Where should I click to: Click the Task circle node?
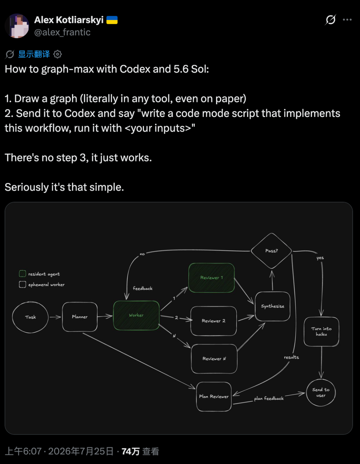[30, 317]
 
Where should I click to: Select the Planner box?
[80, 317]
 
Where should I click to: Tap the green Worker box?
[136, 315]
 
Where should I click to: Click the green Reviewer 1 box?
[212, 278]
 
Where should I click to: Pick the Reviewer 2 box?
[213, 321]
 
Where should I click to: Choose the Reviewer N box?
[214, 359]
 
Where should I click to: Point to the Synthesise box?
[273, 306]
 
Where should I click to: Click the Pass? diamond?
[271, 251]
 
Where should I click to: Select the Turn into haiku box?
[321, 332]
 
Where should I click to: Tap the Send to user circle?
[321, 393]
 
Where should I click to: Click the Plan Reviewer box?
[214, 397]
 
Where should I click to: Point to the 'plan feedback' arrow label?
[269, 398]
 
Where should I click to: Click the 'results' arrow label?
[292, 357]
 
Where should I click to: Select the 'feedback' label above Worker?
[143, 288]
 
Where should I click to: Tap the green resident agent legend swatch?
[22, 274]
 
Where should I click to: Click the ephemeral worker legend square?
[22, 284]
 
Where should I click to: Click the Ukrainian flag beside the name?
[112, 20]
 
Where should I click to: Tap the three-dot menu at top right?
[347, 20]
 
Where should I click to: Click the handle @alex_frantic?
[62, 32]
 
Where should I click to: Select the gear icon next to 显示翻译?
[58, 54]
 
